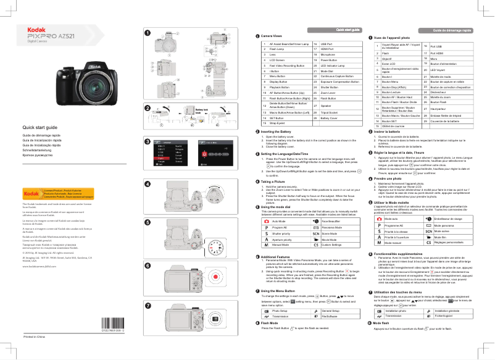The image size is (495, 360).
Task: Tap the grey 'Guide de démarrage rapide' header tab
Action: coord(452,30)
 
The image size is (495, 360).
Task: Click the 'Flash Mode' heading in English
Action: coord(273,323)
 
